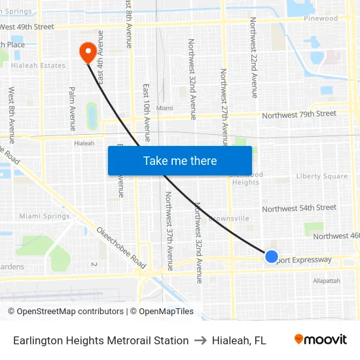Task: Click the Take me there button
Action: pos(180,160)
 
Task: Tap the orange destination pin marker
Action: pos(87,52)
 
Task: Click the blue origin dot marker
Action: pos(272,257)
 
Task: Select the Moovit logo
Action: pos(320,340)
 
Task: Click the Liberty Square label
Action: pos(322,176)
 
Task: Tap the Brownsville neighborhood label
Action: pos(228,218)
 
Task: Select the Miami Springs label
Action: pos(45,216)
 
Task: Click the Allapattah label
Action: pos(327,281)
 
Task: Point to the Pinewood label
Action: pos(321,18)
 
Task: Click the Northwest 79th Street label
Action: pos(299,115)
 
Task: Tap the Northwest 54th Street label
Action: pos(299,208)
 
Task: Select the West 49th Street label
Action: pos(27,27)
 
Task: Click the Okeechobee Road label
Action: pos(121,247)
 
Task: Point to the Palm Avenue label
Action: pos(72,109)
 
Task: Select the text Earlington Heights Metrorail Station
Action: pos(101,340)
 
